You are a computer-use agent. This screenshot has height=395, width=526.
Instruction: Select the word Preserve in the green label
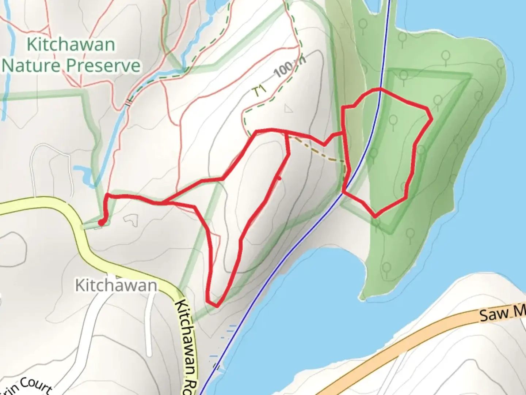tap(103, 66)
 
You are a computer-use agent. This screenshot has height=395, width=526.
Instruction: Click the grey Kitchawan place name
tap(116, 285)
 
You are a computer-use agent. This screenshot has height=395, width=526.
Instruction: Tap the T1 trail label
tap(260, 91)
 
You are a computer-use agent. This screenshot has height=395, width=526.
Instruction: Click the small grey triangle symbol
tap(289, 108)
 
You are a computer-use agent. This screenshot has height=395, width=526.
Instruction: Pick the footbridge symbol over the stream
tap(128, 103)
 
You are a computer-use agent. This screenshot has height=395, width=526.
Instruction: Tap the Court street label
tap(35, 386)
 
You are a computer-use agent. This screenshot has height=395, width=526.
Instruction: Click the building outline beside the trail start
tap(131, 219)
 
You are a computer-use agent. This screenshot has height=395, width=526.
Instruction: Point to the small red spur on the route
tap(278, 178)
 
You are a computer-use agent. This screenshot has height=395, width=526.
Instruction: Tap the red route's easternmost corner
tap(432, 119)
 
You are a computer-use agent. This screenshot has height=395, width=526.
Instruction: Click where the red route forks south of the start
tap(163, 202)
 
